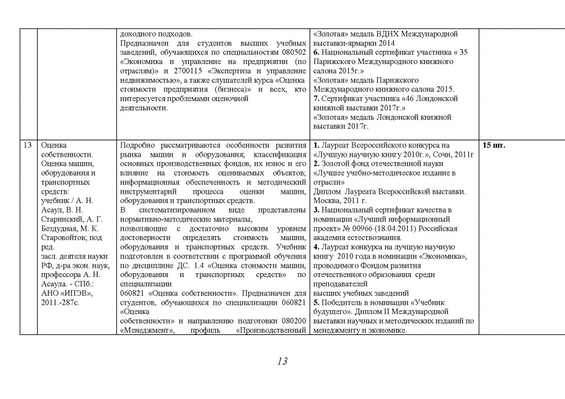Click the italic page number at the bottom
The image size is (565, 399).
pos(282,361)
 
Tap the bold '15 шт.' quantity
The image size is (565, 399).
pos(494,146)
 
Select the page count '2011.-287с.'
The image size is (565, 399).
pos(61,302)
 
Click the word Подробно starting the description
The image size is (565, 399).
pos(139,145)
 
